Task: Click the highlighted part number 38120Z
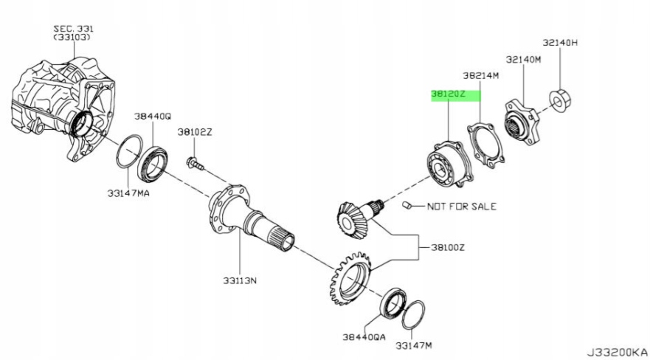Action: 449,95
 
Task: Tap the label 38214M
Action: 481,75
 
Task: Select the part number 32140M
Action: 523,58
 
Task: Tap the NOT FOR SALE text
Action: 462,207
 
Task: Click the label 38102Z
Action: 194,132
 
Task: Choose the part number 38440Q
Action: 152,117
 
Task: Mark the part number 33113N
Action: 239,280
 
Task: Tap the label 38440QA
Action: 364,336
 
